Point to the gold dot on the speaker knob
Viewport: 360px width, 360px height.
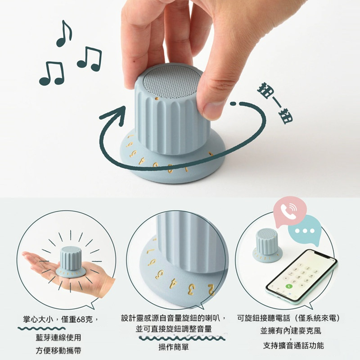pos(157,99)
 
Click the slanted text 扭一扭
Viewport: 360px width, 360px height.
pos(275,103)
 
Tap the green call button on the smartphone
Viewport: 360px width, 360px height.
pos(289,286)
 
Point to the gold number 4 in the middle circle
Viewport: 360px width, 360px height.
pos(173,283)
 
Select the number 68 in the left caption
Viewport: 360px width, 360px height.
pos(81,319)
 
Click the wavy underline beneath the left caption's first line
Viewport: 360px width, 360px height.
pos(41,328)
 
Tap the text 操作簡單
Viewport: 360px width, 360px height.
pos(174,347)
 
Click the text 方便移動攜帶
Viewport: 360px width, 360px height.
pos(58,351)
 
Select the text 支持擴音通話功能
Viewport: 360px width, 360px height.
pos(293,345)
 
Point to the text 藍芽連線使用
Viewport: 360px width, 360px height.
pos(58,337)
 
